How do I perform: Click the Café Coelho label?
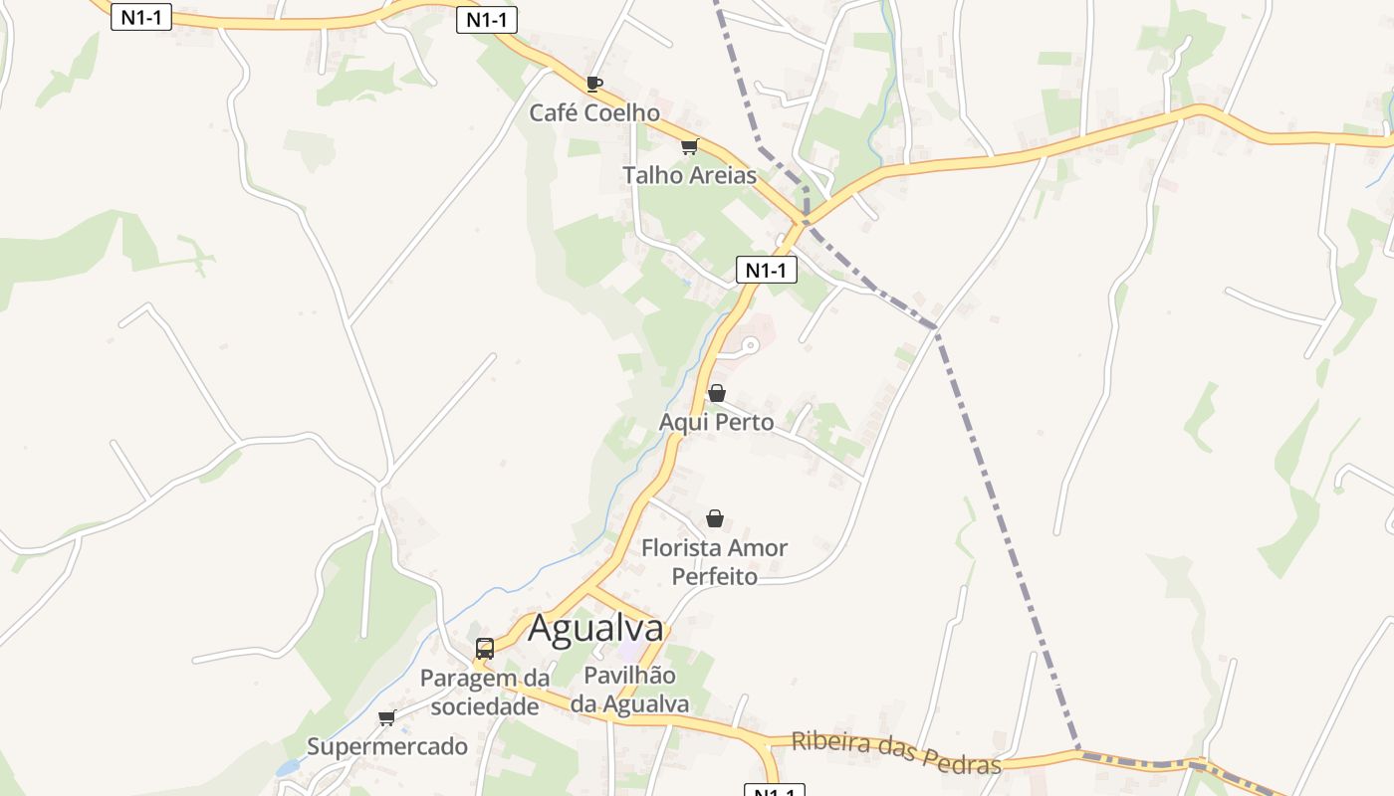593,112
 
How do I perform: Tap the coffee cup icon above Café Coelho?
593,84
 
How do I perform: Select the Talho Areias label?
689,175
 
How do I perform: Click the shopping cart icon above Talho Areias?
689,147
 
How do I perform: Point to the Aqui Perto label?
716,422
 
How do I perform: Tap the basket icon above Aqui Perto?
716,393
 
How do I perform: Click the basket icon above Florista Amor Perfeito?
714,518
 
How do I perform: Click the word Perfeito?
714,576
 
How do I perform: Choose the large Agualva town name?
595,629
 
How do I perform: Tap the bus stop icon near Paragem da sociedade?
485,649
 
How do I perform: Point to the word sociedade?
484,706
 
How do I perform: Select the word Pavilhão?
629,676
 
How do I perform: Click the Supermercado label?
386,746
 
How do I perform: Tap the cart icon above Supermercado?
386,717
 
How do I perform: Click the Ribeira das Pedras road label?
896,752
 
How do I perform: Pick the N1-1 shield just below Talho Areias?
767,270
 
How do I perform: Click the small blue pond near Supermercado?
287,768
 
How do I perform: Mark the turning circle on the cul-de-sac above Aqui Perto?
750,345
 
